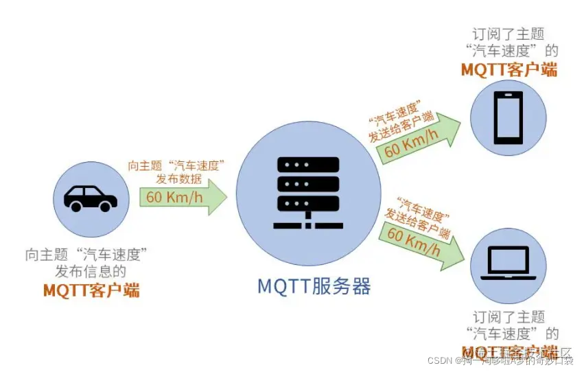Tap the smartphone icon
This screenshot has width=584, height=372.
(x=508, y=117)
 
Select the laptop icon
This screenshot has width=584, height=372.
(x=508, y=264)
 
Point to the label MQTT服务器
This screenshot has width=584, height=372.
(x=314, y=286)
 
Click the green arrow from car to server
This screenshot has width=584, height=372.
(x=183, y=197)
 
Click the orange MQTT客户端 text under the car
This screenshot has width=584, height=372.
(x=91, y=290)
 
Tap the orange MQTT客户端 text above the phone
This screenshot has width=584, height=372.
(x=509, y=69)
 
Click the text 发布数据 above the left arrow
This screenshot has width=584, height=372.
(x=176, y=179)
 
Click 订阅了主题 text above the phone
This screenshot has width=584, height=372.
(x=509, y=33)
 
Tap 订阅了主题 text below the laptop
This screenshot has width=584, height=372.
(x=509, y=317)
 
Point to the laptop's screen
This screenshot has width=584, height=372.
(x=508, y=261)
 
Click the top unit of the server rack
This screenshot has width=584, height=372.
(x=308, y=165)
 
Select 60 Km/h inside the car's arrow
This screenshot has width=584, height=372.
(x=174, y=198)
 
